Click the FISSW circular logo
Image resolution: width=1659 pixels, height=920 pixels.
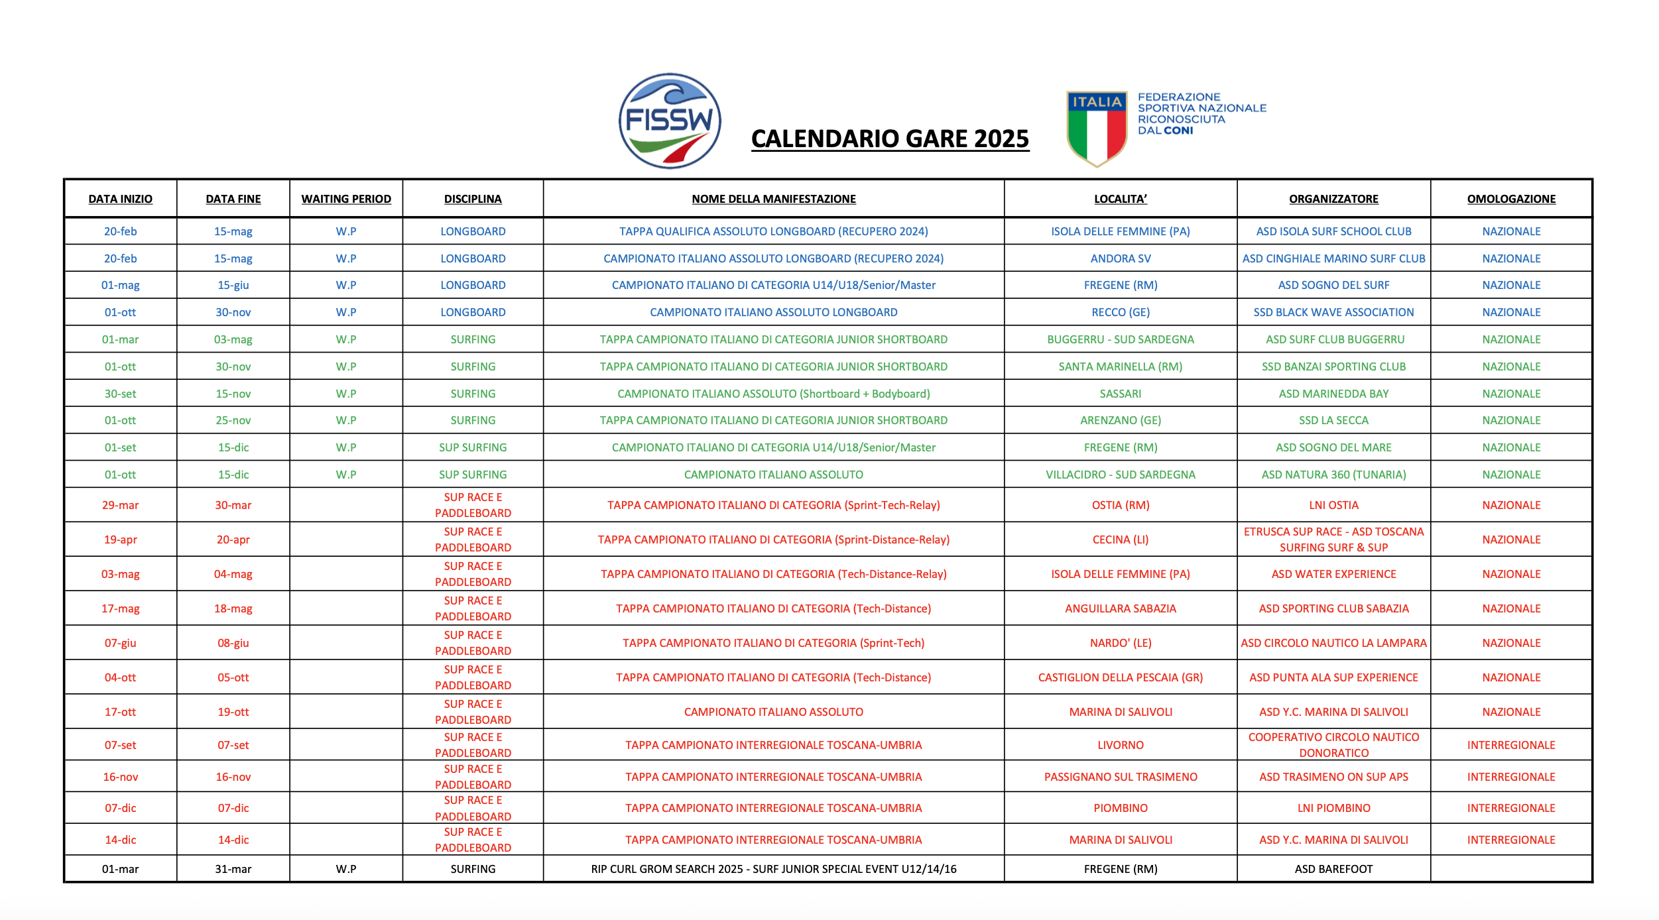[x=670, y=121]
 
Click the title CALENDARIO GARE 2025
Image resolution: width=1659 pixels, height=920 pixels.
[x=890, y=139]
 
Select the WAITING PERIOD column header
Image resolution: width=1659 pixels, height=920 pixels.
[x=346, y=199]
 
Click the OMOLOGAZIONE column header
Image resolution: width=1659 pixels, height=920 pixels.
[x=1511, y=199]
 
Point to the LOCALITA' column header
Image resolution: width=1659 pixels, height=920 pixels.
[x=1121, y=199]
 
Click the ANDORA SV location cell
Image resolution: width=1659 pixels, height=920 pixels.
[x=1121, y=259]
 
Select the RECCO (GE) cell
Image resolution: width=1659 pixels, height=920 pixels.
[x=1121, y=312]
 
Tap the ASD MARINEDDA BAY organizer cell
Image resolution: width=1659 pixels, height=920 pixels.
[x=1333, y=394]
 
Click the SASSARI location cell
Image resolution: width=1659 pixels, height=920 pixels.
[x=1121, y=394]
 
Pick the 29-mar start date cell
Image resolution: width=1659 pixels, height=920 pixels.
[x=121, y=505]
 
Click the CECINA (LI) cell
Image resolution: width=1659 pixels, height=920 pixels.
[x=1121, y=540]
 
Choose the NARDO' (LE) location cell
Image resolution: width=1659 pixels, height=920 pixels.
[x=1121, y=643]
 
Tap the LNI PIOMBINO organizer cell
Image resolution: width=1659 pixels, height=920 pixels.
[x=1333, y=808]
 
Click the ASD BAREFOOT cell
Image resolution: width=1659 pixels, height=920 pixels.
[x=1333, y=869]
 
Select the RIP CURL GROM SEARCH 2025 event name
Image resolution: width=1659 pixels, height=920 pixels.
[x=774, y=869]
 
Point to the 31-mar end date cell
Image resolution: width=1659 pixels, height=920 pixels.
[x=233, y=869]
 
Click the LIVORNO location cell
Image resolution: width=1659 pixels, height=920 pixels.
[x=1121, y=745]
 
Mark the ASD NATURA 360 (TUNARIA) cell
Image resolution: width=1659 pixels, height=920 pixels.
[x=1333, y=475]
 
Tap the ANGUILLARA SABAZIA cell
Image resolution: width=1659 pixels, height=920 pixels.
[x=1121, y=608]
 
